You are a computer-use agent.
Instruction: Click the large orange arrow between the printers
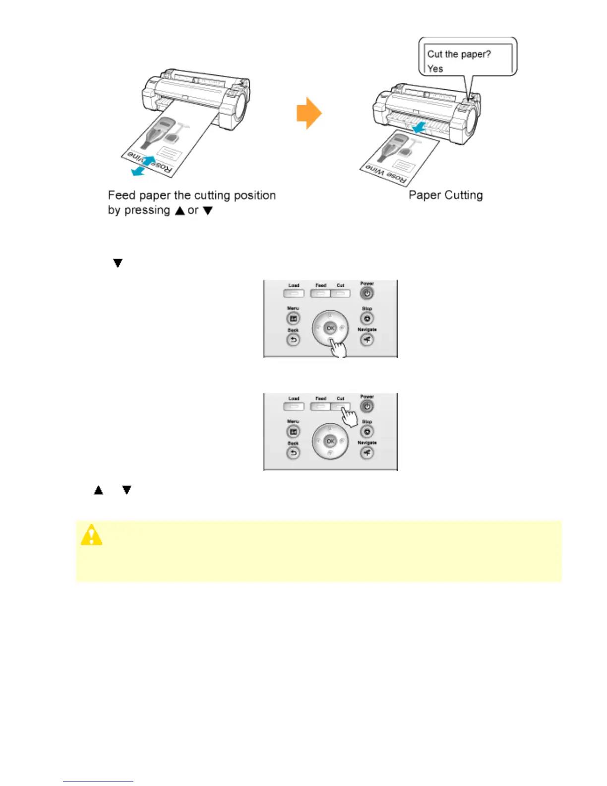pos(309,113)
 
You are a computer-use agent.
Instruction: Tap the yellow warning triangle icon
pos(92,535)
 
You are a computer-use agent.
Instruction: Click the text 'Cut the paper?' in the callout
pos(459,54)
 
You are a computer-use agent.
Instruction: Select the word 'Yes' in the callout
pos(435,68)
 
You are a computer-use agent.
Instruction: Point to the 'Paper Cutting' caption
pos(445,195)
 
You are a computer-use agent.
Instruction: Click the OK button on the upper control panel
pos(330,328)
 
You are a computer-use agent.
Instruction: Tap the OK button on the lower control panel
pos(330,441)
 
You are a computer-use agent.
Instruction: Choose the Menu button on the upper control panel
pos(293,319)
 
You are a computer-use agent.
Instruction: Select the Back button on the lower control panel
pos(293,453)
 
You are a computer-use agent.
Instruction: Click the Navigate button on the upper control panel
pos(366,340)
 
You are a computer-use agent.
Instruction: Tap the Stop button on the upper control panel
pos(367,319)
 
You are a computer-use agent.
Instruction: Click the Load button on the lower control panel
pos(294,406)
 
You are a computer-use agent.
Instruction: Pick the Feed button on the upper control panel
pos(320,293)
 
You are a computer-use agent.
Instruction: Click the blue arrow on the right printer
pos(419,128)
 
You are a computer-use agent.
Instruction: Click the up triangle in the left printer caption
pos(180,210)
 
